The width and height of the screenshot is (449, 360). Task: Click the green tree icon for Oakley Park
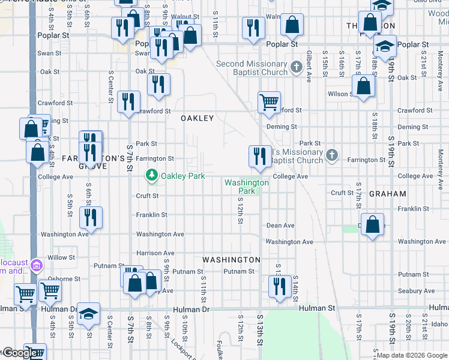[152, 175]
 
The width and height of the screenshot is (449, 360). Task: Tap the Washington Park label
[247, 187]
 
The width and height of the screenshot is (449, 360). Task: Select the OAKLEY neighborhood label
[197, 119]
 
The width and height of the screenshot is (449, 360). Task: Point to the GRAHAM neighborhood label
[387, 194]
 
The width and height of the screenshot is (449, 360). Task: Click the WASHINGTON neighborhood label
[231, 260]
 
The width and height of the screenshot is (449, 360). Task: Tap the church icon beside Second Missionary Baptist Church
[295, 68]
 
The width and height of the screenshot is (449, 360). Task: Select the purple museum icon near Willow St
[35, 265]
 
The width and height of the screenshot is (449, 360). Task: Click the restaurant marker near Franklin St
[91, 218]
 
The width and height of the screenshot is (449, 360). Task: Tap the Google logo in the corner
[20, 352]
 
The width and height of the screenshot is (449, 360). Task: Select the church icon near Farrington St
[331, 156]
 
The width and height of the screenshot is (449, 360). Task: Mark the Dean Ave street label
[280, 226]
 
